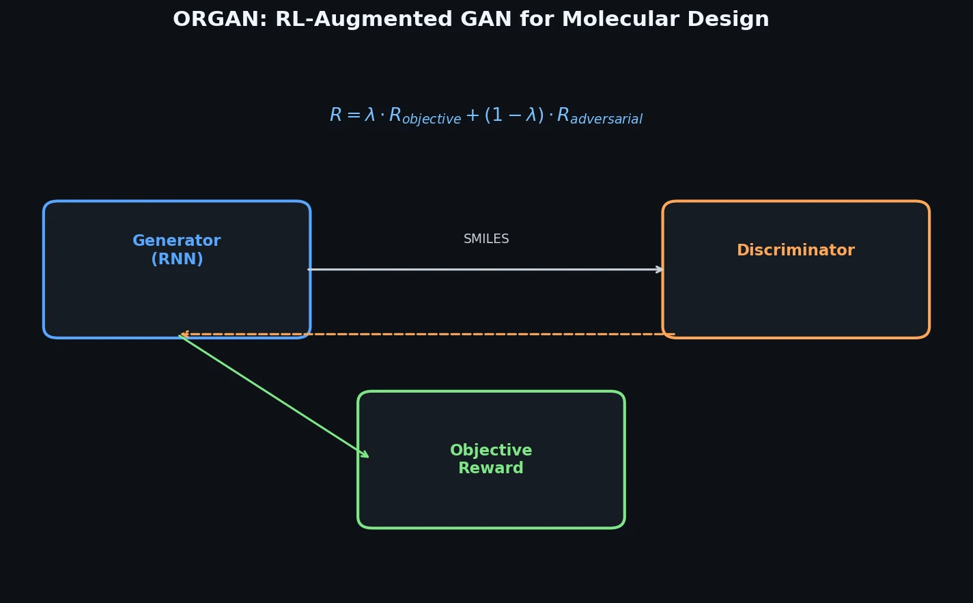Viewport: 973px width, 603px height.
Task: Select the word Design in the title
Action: coord(735,20)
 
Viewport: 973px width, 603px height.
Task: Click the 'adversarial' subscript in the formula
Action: coord(606,120)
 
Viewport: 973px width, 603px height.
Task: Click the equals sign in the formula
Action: coord(353,115)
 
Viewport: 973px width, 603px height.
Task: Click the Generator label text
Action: coord(176,241)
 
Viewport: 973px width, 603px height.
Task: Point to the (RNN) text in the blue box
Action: coord(177,260)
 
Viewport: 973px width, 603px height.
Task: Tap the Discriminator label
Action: coord(795,251)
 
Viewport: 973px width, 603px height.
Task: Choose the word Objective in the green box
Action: coord(491,451)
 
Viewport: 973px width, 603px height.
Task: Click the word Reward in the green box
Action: coord(491,468)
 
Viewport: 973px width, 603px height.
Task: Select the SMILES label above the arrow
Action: coord(486,239)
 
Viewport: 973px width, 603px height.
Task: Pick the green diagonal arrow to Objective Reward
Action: coord(273,396)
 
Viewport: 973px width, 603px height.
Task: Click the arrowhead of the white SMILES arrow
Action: coord(660,269)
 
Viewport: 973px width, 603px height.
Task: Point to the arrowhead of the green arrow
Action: coord(365,455)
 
